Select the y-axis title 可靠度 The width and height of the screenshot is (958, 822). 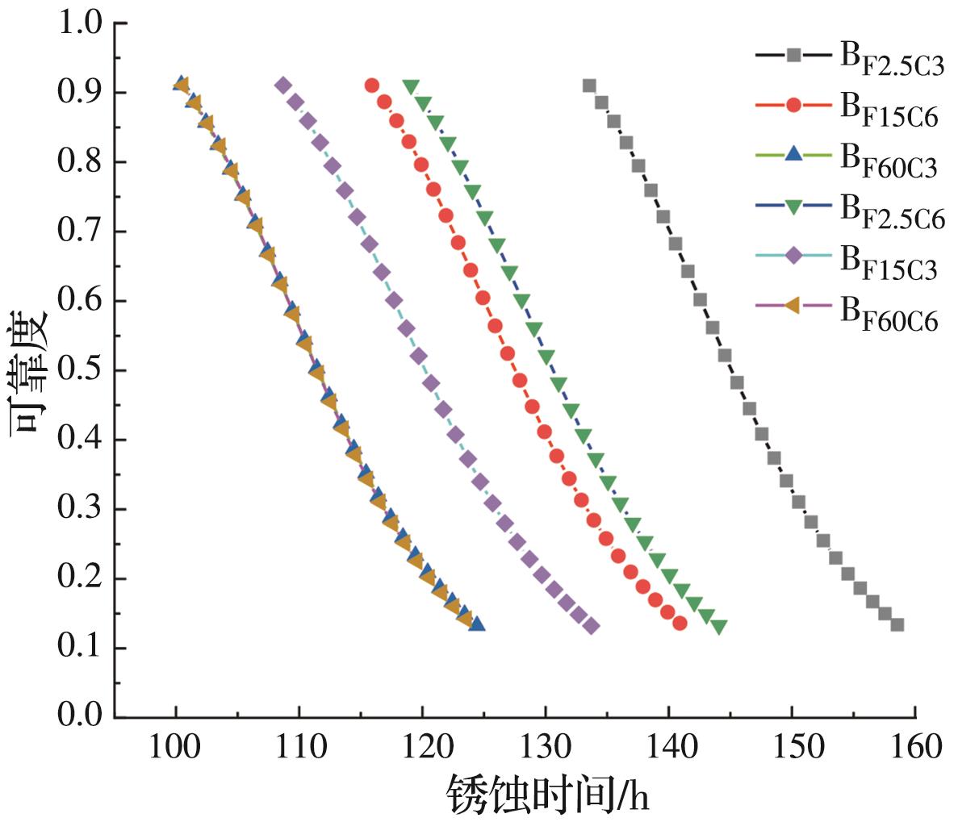point(28,370)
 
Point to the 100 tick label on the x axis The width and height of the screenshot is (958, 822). point(176,747)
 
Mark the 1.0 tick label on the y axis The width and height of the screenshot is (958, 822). point(80,23)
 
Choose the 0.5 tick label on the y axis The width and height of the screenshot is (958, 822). point(80,370)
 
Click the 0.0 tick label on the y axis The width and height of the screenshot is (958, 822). point(80,716)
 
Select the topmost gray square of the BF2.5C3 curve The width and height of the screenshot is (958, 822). point(589,86)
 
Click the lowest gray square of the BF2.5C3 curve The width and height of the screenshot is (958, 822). point(897,624)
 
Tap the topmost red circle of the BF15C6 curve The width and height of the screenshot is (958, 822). point(371,86)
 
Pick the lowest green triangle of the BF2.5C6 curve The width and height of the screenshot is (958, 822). point(719,627)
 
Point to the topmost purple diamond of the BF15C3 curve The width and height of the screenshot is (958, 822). point(282,86)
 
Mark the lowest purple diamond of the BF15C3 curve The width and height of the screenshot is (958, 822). point(592,627)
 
